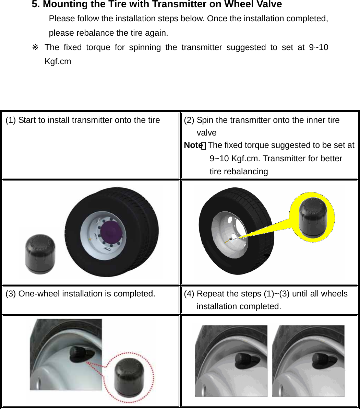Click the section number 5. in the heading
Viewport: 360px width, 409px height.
(x=36, y=4)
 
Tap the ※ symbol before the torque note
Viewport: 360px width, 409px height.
(x=35, y=47)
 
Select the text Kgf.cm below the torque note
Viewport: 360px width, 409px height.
(x=58, y=62)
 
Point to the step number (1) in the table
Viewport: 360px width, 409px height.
(x=11, y=120)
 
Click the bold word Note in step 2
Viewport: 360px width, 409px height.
(x=193, y=145)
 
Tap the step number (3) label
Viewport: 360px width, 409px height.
(x=11, y=294)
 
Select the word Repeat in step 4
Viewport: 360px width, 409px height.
(x=211, y=294)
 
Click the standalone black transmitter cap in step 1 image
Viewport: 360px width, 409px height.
(x=40, y=253)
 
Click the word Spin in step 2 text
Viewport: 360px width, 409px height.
(x=205, y=120)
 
